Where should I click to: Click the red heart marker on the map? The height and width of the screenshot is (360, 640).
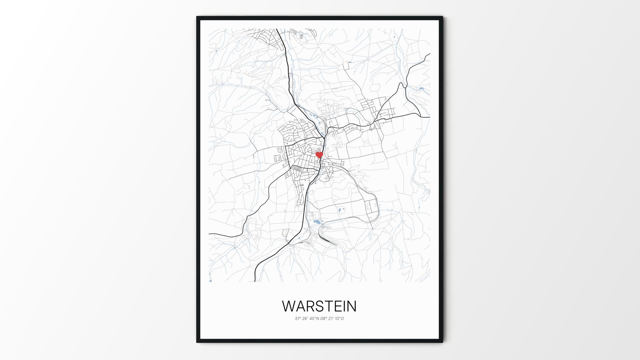coord(319,155)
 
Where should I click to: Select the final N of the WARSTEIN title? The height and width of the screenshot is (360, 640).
coord(351,306)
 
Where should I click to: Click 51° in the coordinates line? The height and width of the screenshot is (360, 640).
coord(298,319)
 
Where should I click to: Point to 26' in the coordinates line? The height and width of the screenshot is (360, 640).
coord(305,319)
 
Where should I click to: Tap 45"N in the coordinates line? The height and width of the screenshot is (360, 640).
coord(314,319)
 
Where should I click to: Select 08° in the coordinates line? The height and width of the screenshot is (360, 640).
coord(324,319)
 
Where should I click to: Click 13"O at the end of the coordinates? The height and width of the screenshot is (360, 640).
coord(340,319)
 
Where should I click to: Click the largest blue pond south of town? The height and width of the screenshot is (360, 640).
coord(316,221)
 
